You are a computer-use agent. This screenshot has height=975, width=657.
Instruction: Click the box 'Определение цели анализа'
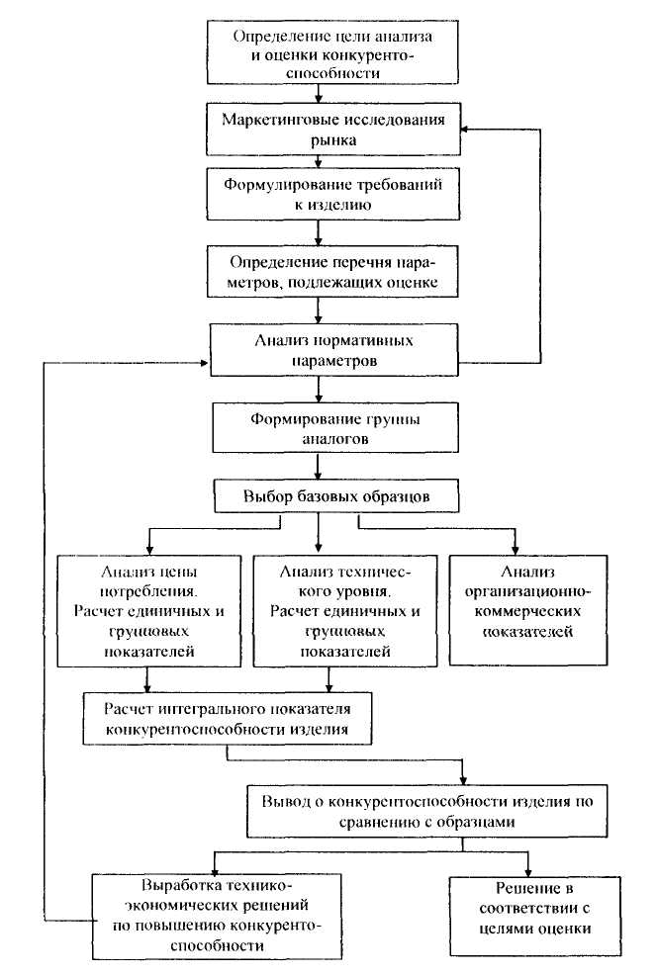pyautogui.click(x=332, y=52)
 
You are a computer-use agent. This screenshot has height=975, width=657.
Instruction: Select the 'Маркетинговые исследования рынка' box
pyautogui.click(x=333, y=129)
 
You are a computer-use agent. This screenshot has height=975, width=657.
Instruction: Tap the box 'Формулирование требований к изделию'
pyautogui.click(x=333, y=194)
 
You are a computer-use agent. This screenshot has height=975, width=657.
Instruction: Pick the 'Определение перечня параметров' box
pyautogui.click(x=332, y=272)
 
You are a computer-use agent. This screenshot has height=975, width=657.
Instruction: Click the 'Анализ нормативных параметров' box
pyautogui.click(x=334, y=350)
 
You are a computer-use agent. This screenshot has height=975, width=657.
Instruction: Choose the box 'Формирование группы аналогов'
pyautogui.click(x=335, y=428)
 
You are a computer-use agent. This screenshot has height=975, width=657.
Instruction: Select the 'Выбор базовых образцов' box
pyautogui.click(x=336, y=495)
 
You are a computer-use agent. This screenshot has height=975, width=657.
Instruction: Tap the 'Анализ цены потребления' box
pyautogui.click(x=149, y=611)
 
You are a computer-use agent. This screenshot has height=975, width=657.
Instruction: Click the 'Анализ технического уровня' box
pyautogui.click(x=345, y=611)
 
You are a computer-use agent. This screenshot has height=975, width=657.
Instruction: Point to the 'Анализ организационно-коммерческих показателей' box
pyautogui.click(x=528, y=610)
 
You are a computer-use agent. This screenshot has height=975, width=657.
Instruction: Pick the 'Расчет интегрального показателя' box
pyautogui.click(x=228, y=718)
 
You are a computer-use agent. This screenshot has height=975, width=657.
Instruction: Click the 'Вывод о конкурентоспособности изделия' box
pyautogui.click(x=427, y=811)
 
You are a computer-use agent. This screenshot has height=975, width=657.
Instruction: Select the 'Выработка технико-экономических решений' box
pyautogui.click(x=217, y=916)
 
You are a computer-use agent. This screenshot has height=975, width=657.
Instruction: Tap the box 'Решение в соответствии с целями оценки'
pyautogui.click(x=535, y=916)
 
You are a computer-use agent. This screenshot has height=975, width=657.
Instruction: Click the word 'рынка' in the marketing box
pyautogui.click(x=334, y=139)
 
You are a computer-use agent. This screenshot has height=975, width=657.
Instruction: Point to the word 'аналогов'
pyautogui.click(x=335, y=439)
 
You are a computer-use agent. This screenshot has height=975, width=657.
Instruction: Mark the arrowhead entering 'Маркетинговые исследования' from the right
pyautogui.click(x=465, y=130)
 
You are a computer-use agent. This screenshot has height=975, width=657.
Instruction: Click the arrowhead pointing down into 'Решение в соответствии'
pyautogui.click(x=528, y=872)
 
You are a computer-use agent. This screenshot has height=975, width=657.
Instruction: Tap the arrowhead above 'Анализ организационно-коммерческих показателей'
pyautogui.click(x=516, y=551)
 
